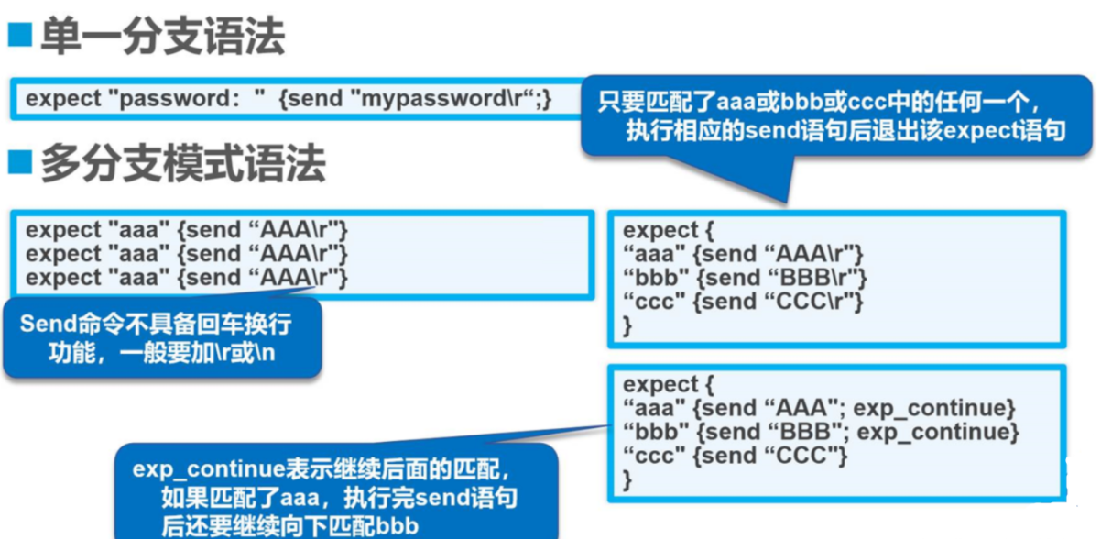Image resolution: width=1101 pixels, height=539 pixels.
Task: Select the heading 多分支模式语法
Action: pos(182,165)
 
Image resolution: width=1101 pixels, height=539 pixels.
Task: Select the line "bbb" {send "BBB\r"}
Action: pos(744,277)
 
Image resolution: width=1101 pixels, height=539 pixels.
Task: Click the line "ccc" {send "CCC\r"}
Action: pos(743,301)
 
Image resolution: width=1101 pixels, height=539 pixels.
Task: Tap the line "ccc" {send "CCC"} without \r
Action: pos(736,455)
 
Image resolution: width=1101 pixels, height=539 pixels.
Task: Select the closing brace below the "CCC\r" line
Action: pos(627,324)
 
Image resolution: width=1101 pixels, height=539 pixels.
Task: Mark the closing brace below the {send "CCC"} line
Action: pos(627,478)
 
